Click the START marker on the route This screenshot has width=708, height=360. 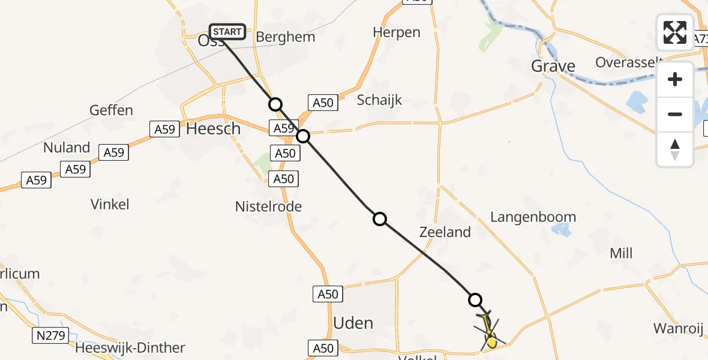tap(227, 32)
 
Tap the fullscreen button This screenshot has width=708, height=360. tap(675, 32)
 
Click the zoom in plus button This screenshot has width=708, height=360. tap(675, 79)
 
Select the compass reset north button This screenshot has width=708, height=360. tap(675, 149)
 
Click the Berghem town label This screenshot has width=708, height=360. tap(285, 37)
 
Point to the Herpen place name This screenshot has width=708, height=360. tap(397, 32)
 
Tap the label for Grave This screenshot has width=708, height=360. tap(553, 66)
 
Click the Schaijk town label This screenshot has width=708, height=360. tap(379, 100)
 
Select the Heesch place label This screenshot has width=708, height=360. tap(214, 129)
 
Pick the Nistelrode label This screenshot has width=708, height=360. tap(268, 207)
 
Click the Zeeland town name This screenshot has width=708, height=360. tap(445, 232)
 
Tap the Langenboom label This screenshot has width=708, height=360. tap(533, 217)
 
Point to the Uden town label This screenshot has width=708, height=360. tap(353, 323)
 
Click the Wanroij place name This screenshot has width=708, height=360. tap(677, 328)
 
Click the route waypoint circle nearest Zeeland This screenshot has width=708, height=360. tap(379, 219)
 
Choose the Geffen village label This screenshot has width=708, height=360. tap(111, 110)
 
